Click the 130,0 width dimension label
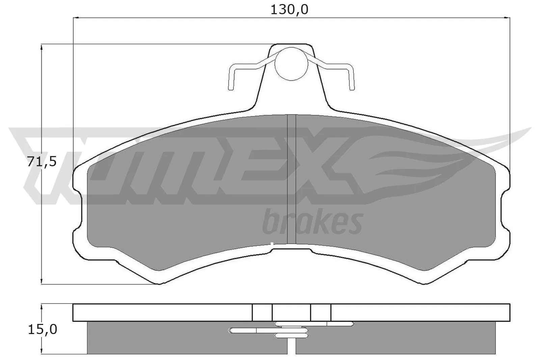289,9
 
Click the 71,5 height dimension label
42,162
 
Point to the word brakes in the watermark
312,222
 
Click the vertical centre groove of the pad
291,179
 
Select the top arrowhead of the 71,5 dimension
42,47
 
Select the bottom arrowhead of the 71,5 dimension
42,281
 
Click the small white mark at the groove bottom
272,243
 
